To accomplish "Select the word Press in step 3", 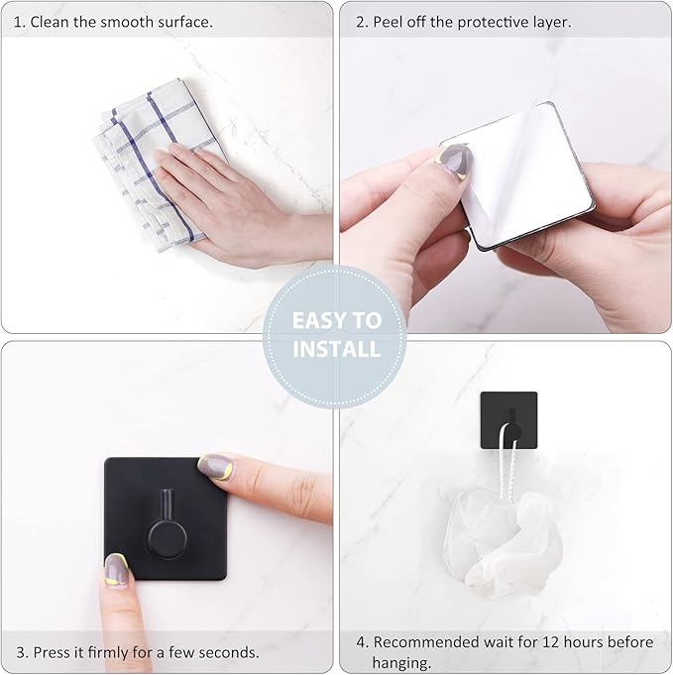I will click(x=53, y=652).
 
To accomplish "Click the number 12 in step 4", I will click(x=556, y=642).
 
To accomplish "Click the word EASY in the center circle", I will click(x=322, y=320).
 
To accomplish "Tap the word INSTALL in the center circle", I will click(x=335, y=349).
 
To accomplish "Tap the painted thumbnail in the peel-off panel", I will click(x=453, y=160).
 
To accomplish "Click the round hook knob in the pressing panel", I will click(x=160, y=541).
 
